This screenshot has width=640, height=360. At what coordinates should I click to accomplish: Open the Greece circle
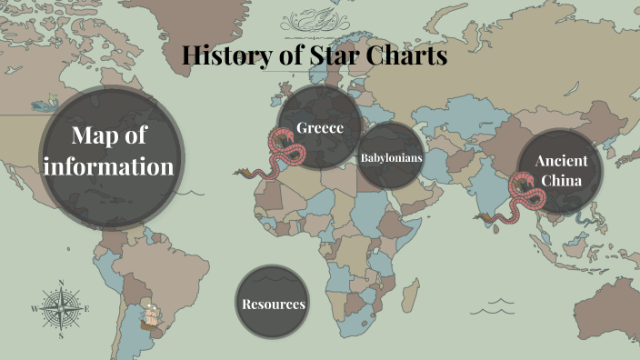coord(312,128)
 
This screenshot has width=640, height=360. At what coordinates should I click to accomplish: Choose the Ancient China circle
coord(561,170)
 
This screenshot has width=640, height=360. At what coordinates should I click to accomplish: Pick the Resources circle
coord(273,303)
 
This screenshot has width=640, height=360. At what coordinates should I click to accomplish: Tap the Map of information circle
coord(110,151)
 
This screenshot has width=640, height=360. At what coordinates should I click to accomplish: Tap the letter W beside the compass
coord(35,309)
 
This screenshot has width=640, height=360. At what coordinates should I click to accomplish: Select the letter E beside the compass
coord(87,310)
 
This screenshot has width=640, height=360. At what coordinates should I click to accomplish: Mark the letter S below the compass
coord(61,335)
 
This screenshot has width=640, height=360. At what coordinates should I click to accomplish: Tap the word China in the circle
coord(561,180)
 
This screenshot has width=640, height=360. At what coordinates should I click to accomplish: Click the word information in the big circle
coord(110,166)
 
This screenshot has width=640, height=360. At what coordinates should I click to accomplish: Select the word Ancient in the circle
coord(561,161)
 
